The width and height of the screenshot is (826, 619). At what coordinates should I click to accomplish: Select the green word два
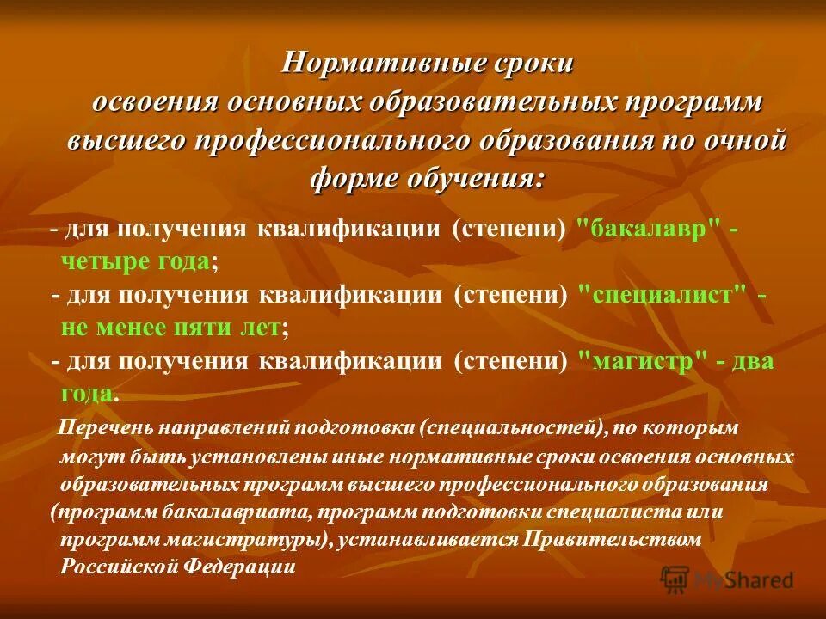pyautogui.click(x=752, y=360)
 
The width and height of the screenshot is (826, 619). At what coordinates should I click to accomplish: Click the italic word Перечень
pyautogui.click(x=105, y=427)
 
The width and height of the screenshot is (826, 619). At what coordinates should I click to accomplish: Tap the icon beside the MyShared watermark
pyautogui.click(x=675, y=579)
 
